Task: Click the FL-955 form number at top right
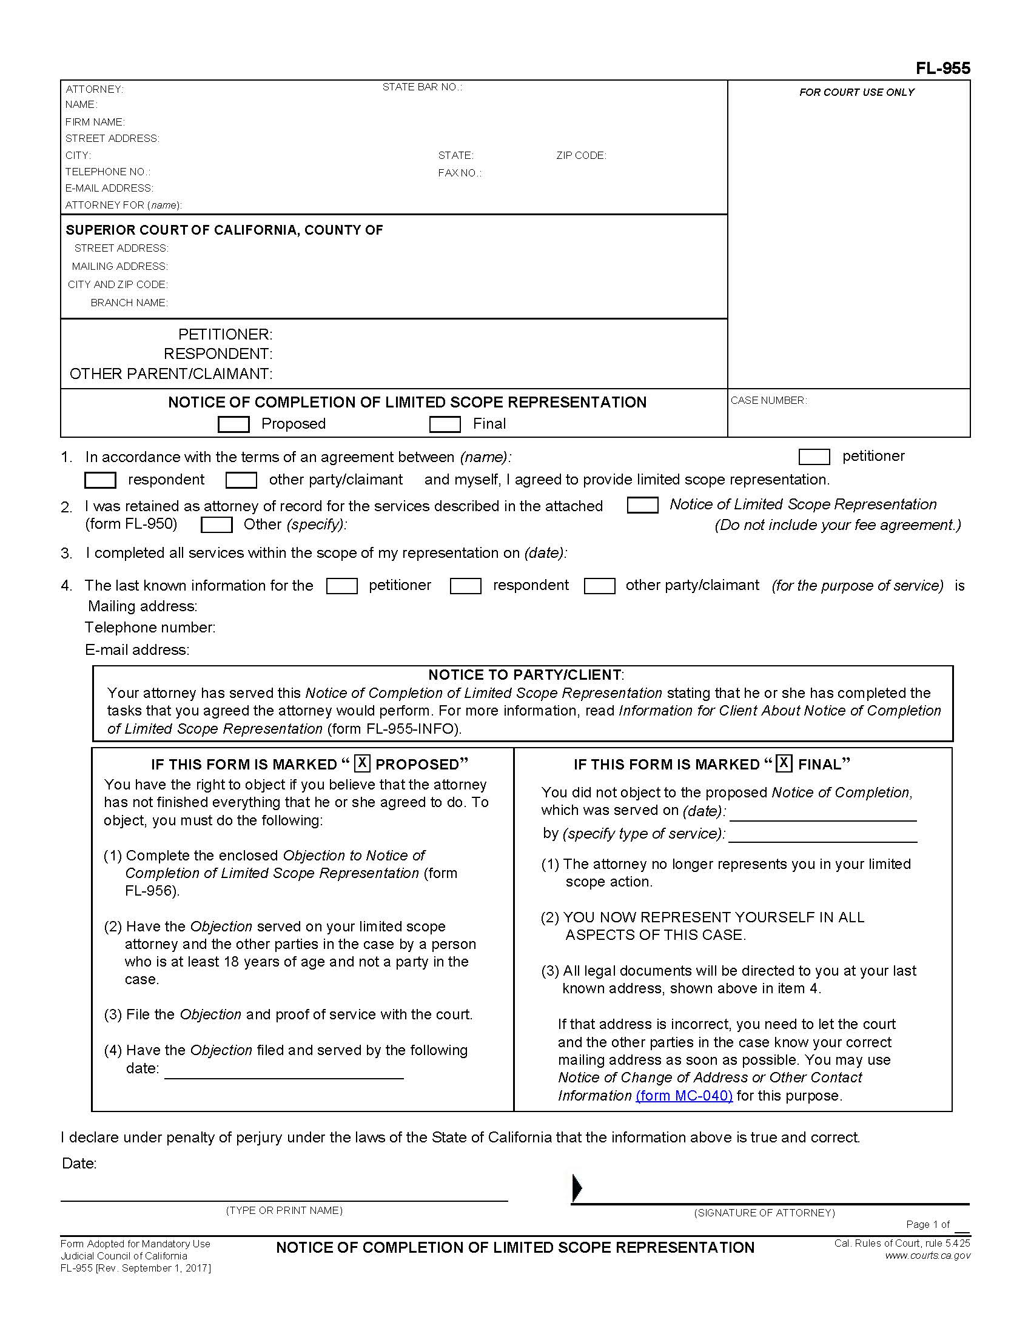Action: (942, 69)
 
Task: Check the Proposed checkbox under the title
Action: (233, 424)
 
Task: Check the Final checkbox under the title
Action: (445, 424)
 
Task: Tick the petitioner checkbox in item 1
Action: (813, 456)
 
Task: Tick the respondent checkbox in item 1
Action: (100, 480)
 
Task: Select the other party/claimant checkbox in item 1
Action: (241, 480)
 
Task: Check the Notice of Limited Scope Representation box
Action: (642, 505)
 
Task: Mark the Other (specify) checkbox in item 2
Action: (217, 525)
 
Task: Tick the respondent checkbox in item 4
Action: (465, 586)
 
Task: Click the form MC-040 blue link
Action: (683, 1095)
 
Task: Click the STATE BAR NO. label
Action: (422, 87)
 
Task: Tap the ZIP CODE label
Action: (581, 156)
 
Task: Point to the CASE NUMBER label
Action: (768, 401)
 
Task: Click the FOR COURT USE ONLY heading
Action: (856, 93)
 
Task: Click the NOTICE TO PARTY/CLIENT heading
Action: (525, 675)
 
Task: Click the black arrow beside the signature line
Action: (577, 1188)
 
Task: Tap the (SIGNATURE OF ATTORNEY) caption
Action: (764, 1213)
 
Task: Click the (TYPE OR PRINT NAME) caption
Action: (284, 1210)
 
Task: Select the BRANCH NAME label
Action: (129, 303)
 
